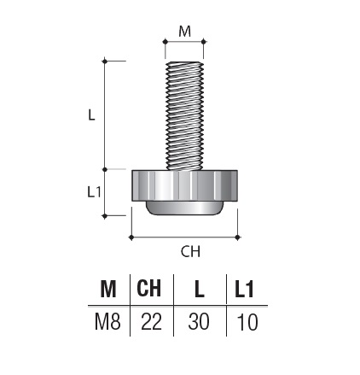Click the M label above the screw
point(184,32)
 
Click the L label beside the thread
point(91,115)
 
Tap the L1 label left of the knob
point(94,192)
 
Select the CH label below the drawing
point(190,251)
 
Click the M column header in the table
point(108,289)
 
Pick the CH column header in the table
point(148,288)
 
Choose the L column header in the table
point(200,289)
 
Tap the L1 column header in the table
point(244,289)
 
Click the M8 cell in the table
point(107,322)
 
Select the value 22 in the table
point(151,322)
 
